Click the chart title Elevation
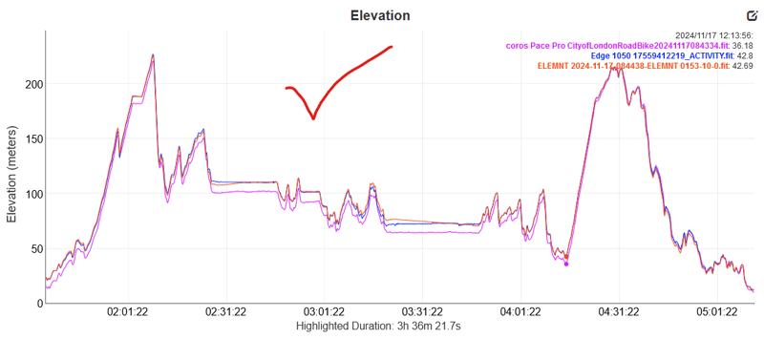point(380,15)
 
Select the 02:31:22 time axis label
point(224,312)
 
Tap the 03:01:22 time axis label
point(323,312)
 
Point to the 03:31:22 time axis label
point(421,312)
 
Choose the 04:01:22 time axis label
point(520,312)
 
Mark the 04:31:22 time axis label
point(619,312)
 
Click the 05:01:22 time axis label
point(717,312)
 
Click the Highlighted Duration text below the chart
point(380,327)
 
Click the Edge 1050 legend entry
point(659,55)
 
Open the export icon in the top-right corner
point(752,16)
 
